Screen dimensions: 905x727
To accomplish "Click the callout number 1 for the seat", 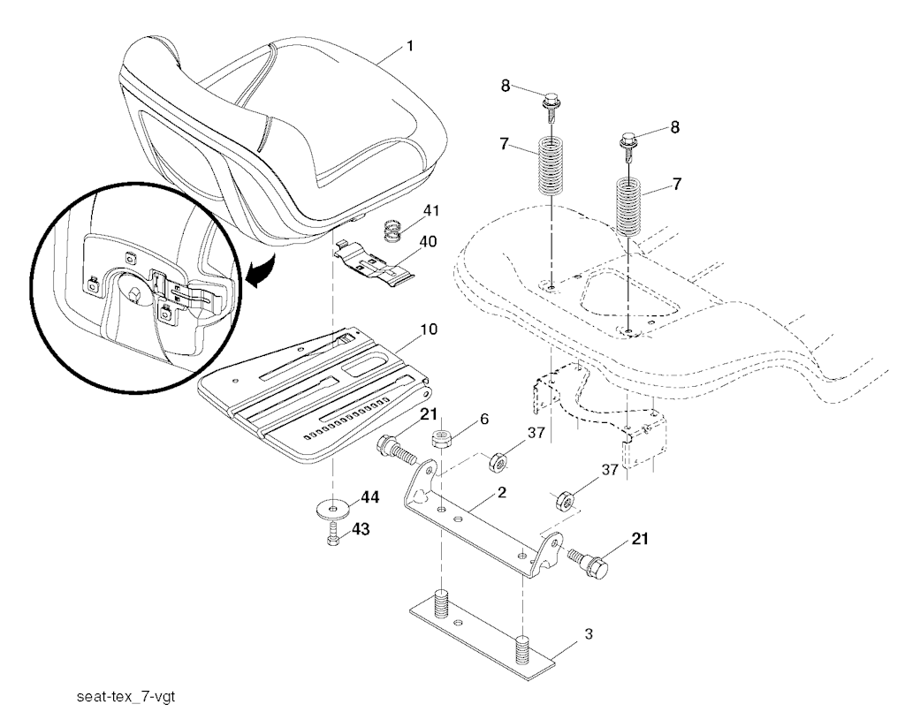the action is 410,46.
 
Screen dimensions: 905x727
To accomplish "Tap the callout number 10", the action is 429,329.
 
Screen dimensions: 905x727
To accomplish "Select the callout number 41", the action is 430,211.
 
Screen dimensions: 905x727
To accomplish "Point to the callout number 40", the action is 428,241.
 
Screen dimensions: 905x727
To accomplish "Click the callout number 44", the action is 370,496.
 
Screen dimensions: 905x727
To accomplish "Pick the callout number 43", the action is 361,528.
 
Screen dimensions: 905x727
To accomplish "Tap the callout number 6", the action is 483,419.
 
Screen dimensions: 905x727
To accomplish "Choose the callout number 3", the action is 588,634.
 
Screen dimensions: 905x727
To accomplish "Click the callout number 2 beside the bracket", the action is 502,492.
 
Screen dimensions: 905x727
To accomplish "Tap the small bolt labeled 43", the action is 332,534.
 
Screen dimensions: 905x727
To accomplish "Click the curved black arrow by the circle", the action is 260,270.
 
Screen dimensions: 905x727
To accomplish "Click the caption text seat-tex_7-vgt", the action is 126,696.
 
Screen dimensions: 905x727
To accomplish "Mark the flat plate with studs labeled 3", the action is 482,634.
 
